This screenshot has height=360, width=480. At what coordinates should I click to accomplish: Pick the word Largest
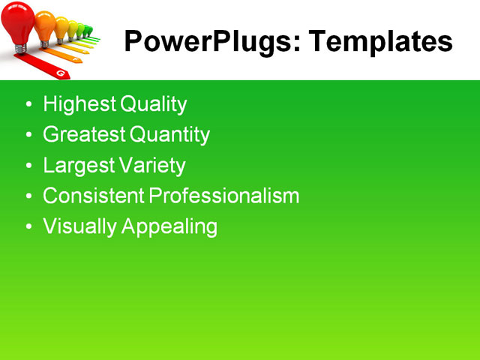pos(77,165)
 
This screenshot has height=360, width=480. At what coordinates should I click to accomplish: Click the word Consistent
pos(93,196)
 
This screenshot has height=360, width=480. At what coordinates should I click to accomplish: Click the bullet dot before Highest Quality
pos(29,105)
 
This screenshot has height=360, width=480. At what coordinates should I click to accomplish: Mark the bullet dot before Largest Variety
pos(29,166)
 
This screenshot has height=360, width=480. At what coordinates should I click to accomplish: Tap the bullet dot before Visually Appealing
pos(29,226)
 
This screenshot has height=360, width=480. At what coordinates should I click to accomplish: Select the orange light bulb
pos(46,24)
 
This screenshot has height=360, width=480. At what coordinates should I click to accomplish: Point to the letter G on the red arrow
pos(59,73)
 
